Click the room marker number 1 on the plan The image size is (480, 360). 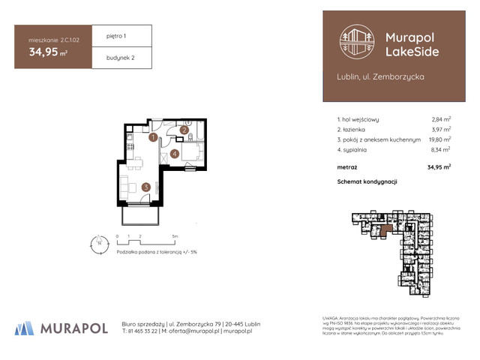pos(152,138)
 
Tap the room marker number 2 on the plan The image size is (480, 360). pos(183,130)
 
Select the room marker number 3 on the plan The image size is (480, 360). pos(146,187)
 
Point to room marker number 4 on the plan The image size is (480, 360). pos(174,154)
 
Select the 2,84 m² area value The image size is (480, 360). pos(441,118)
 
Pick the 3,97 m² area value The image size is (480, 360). pos(441,129)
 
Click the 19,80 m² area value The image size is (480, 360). pos(439,139)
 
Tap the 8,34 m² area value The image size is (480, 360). pos(441,150)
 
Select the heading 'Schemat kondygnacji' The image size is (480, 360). pos(367,181)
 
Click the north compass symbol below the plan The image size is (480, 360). pos(98,242)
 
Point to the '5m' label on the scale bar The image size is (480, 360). pos(175,236)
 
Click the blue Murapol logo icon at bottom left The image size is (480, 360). pos(24,328)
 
